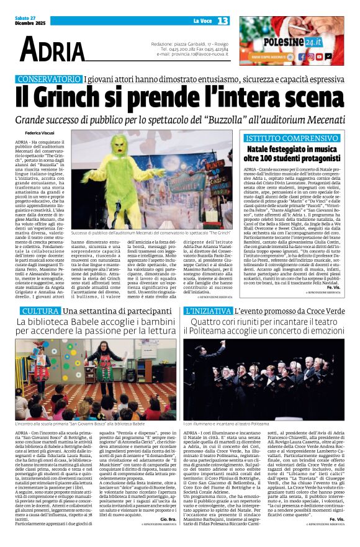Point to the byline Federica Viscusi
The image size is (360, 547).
coord(40,133)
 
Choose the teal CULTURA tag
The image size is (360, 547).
coord(40,310)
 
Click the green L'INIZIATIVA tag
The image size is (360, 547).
coord(208,310)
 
